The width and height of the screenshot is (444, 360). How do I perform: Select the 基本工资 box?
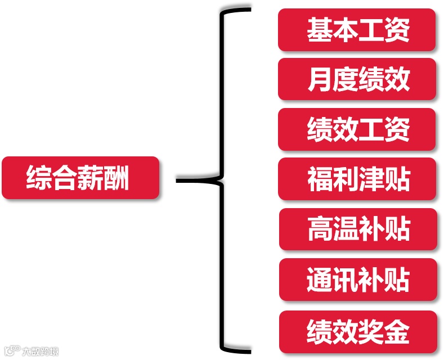pos(357,30)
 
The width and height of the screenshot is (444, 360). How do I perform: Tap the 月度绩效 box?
pos(357,79)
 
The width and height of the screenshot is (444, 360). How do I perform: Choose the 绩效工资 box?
pos(357,129)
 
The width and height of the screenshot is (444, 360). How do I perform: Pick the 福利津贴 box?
pos(357,179)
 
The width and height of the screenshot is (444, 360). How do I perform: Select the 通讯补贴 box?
pos(358,280)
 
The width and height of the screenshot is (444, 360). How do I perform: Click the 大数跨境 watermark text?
pos(40,352)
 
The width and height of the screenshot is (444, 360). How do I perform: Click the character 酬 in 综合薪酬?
pos(117,178)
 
